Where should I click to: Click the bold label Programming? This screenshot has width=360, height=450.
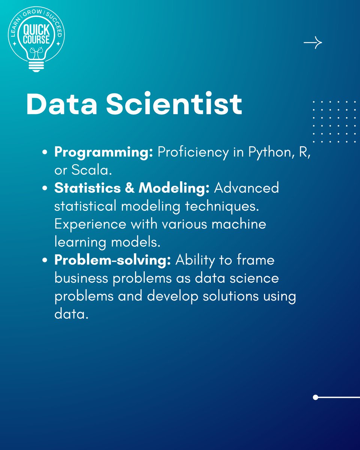103,153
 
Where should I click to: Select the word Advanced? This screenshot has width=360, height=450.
246,188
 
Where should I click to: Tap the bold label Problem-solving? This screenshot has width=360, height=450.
112,260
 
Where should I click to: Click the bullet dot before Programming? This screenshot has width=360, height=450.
45,153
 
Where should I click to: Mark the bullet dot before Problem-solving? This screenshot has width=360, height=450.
45,261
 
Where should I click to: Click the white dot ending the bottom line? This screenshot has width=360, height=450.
315,397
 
